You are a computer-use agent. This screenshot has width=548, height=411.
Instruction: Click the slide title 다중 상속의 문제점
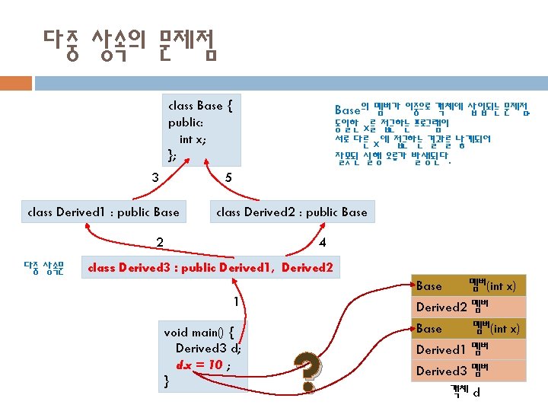[x=130, y=45]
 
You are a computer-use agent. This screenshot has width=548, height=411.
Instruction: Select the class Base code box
[x=199, y=130]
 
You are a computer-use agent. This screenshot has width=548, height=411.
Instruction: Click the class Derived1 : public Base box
[x=103, y=212]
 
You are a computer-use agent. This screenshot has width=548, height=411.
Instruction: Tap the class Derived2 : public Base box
[x=291, y=212]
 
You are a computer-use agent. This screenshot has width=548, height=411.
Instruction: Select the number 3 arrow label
[x=155, y=178]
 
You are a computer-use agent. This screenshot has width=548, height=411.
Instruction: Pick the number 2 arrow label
[x=160, y=243]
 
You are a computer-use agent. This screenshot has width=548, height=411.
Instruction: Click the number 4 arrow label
[x=323, y=243]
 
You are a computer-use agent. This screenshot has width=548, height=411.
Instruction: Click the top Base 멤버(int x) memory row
[x=468, y=286]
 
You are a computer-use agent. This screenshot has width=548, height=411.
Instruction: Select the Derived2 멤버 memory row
[x=468, y=307]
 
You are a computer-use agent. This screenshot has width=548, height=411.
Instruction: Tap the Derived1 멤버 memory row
[x=468, y=350]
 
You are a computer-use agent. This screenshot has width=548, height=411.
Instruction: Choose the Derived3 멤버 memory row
[x=468, y=371]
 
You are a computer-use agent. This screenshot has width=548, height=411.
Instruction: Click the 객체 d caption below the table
[x=465, y=392]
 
